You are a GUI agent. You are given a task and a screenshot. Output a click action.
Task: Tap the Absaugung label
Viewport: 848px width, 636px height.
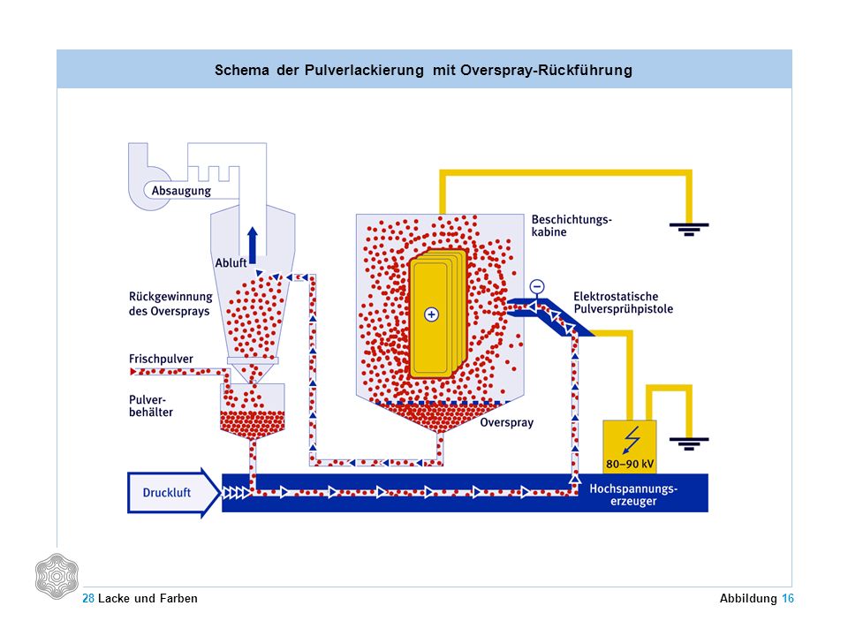(x=181, y=191)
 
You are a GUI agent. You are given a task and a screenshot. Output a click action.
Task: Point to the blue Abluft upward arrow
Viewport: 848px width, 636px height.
(x=253, y=245)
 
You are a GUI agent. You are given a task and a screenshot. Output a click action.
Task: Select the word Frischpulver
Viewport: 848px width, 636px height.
(x=161, y=359)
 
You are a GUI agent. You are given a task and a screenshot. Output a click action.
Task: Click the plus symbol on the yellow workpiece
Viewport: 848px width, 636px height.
(x=431, y=314)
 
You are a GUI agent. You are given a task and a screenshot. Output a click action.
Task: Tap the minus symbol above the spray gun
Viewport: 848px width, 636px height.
(x=536, y=286)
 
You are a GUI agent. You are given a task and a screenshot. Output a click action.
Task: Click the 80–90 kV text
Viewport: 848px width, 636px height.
(x=630, y=464)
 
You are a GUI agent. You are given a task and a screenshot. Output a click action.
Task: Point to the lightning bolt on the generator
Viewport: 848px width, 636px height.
(x=631, y=439)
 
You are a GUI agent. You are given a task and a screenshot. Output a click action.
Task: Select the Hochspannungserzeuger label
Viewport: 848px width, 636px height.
(x=633, y=495)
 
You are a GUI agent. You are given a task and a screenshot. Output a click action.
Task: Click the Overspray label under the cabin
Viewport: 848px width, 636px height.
(x=507, y=422)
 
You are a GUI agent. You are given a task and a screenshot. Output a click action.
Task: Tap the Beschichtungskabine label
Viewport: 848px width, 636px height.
(x=572, y=225)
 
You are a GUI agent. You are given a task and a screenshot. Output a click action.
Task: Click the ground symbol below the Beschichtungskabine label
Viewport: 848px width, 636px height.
(x=689, y=229)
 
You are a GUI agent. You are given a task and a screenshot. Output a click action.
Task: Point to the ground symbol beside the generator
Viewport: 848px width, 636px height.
(x=689, y=443)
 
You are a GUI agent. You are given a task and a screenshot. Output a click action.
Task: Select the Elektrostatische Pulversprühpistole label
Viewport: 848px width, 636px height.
(x=623, y=303)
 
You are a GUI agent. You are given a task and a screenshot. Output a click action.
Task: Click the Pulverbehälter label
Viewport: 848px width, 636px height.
(x=151, y=405)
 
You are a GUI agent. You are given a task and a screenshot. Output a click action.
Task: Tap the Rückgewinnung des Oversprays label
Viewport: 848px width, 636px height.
(x=170, y=304)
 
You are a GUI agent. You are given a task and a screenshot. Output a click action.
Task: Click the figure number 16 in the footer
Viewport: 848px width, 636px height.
(x=787, y=598)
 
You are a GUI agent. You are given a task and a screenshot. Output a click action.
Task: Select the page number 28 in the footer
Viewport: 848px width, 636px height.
(x=88, y=598)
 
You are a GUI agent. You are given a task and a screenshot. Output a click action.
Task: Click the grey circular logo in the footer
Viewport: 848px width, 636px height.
(x=57, y=576)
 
